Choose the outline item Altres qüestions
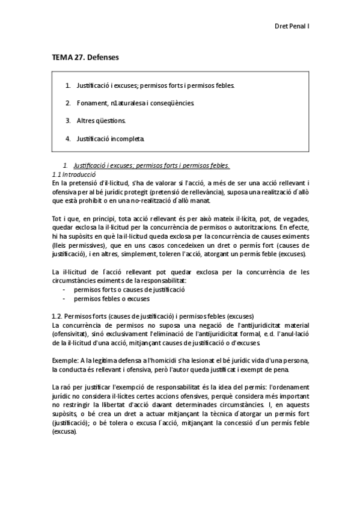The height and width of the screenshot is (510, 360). click(101, 121)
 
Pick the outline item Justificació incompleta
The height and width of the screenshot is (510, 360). click(111, 138)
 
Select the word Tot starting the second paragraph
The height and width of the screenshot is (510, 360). click(58, 218)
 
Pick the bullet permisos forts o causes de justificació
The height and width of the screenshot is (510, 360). click(129, 289)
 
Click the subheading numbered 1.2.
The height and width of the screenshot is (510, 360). click(153, 316)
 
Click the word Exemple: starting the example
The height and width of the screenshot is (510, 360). click(66, 360)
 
